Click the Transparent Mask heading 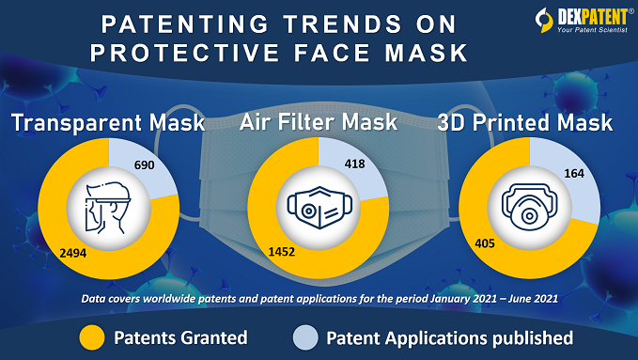(108, 122)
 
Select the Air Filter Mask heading (319, 122)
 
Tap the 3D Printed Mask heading (531, 122)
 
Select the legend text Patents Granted (180, 336)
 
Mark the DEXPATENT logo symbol (543, 19)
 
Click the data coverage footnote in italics (319, 301)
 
